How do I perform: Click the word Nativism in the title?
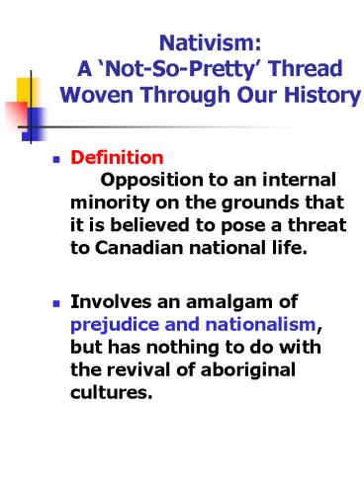tap(208, 44)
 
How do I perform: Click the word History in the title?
tap(315, 98)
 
